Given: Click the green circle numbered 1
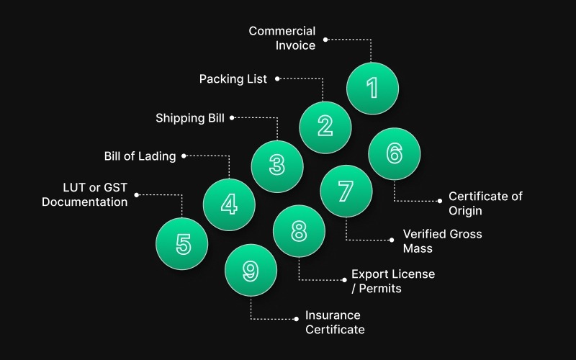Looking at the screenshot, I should pos(372,89).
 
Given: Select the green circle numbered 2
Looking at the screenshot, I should pos(325,127).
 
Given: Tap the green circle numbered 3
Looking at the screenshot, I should pos(277,166).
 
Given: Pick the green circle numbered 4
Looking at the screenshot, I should pos(229,204).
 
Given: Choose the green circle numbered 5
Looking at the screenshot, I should pos(182,244).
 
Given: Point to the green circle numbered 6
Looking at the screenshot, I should pos(394,153).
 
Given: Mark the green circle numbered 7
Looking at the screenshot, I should pos(346,192).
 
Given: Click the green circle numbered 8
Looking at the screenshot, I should pos(299,231).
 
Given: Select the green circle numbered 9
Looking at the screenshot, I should pos(251,270).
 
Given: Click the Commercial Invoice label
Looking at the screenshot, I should pos(282,38).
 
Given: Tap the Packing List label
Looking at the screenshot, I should pos(233,78).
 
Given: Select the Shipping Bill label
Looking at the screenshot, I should pos(190,117).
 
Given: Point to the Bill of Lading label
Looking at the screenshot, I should pos(140,156).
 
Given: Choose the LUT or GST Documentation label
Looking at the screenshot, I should pos(85,195).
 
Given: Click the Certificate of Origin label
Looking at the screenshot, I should pos(485,203).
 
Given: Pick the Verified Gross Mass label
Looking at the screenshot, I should pos(442,241).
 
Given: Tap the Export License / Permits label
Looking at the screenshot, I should pos(392,282).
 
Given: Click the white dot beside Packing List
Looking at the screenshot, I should pos(276,78).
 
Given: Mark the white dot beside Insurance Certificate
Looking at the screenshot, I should pos(297,318).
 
